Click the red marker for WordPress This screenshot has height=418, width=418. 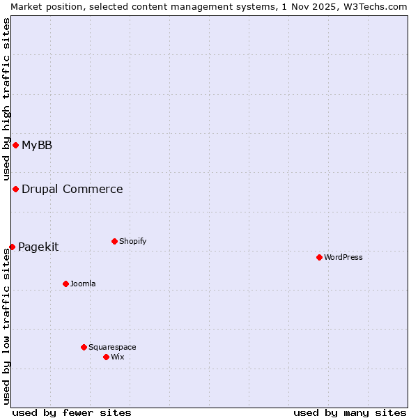click(319, 257)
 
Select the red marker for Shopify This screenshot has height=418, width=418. click(114, 241)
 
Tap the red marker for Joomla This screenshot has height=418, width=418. click(65, 284)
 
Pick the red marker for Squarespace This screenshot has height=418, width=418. click(84, 347)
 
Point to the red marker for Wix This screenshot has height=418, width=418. click(106, 357)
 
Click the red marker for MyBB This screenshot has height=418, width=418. click(15, 145)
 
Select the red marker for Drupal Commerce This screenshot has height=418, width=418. click(15, 189)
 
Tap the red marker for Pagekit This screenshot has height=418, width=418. click(12, 247)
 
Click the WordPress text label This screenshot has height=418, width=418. click(343, 257)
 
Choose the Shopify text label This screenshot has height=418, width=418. click(133, 241)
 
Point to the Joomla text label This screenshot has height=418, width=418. click(83, 284)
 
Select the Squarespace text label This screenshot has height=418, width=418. click(112, 347)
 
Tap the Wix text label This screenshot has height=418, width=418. click(118, 357)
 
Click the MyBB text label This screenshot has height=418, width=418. click(37, 145)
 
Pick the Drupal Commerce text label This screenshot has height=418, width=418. click(72, 189)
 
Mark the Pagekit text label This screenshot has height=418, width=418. click(38, 247)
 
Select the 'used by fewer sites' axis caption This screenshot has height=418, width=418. click(72, 412)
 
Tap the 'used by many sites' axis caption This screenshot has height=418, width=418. click(350, 412)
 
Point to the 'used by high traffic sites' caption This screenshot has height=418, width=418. click(6, 100)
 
